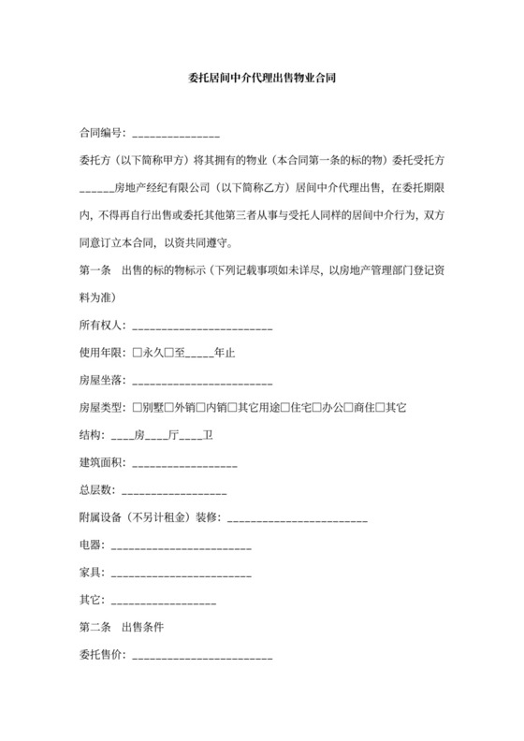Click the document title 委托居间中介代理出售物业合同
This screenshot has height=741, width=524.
click(262, 81)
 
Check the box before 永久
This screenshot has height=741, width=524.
click(138, 355)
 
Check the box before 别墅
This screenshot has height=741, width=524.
click(138, 409)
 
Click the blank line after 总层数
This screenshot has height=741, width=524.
click(173, 491)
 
